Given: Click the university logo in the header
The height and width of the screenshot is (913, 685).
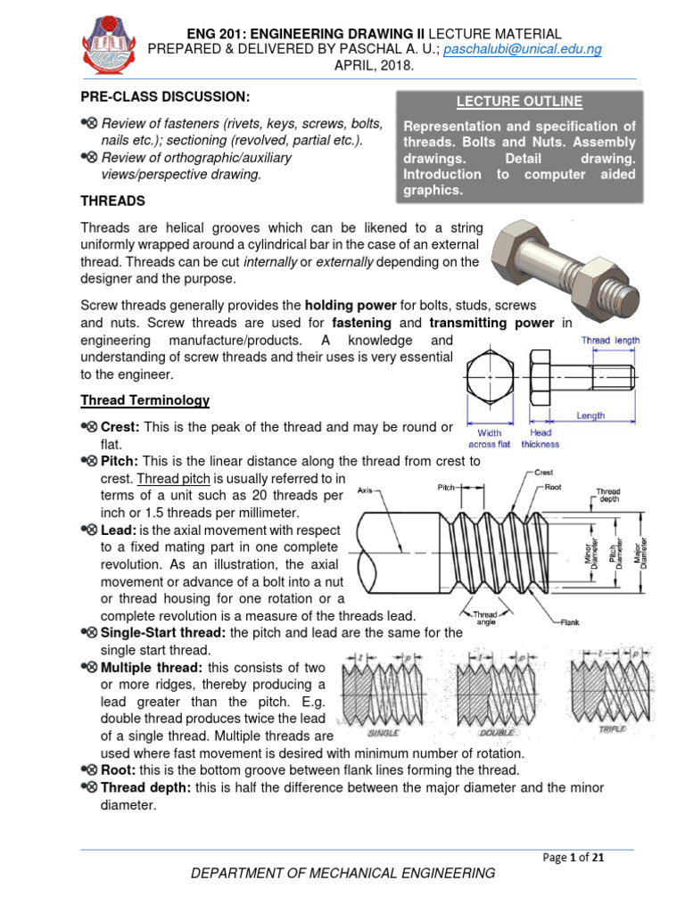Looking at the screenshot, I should (111, 42).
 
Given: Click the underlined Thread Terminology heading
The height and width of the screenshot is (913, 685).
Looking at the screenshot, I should (145, 400).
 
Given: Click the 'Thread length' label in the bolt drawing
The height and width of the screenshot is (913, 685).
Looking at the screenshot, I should (610, 341).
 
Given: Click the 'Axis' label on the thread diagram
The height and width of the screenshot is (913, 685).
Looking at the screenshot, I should (364, 490).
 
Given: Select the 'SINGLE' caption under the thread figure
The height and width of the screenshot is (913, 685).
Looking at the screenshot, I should (384, 732).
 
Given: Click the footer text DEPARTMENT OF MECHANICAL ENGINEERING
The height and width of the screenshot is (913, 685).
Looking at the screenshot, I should (343, 874).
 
